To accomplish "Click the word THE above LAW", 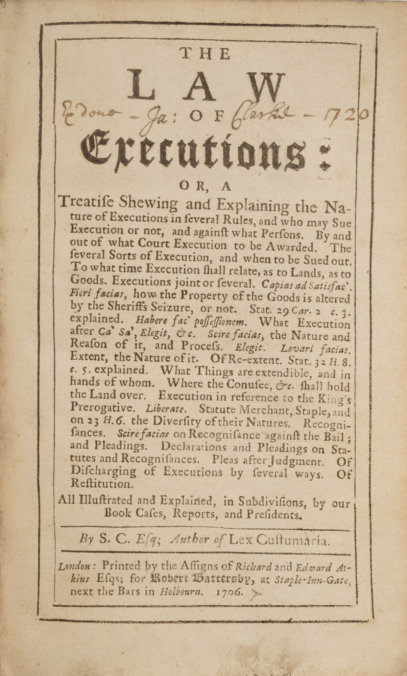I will pyautogui.click(x=206, y=54).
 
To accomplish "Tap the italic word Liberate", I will pyautogui.click(x=165, y=409).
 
